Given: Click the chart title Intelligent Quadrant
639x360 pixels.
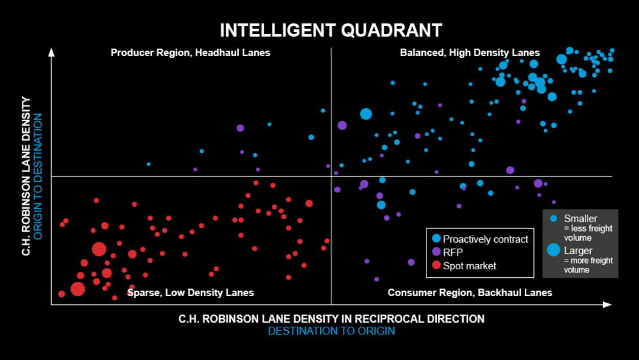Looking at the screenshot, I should (x=331, y=31).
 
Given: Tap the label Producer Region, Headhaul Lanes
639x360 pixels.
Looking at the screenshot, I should (x=190, y=53).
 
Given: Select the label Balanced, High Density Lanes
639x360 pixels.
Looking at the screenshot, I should (x=469, y=53).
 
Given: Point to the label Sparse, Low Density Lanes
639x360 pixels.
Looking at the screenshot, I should (x=190, y=293).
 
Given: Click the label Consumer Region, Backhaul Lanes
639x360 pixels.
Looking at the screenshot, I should (x=469, y=293).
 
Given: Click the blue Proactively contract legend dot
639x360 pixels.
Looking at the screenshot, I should (x=436, y=239).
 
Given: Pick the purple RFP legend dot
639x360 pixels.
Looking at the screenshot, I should (x=436, y=252).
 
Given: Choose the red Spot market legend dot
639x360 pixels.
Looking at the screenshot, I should (x=436, y=265).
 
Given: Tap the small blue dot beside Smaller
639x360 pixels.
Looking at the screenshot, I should (x=554, y=218).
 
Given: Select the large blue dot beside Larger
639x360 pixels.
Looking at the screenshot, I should (x=554, y=249).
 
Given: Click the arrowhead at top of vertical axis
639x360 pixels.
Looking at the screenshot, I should (x=52, y=52).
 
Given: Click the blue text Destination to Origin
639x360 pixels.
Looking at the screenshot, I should (x=331, y=331).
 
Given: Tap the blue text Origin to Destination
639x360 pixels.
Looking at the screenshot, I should (x=38, y=176).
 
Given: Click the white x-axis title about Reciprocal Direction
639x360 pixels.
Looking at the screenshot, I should (x=331, y=319).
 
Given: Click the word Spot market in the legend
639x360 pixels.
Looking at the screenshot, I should (x=469, y=265).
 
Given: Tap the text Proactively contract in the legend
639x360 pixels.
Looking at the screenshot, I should (x=486, y=239).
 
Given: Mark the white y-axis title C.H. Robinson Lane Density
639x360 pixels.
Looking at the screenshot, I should (x=26, y=176).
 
